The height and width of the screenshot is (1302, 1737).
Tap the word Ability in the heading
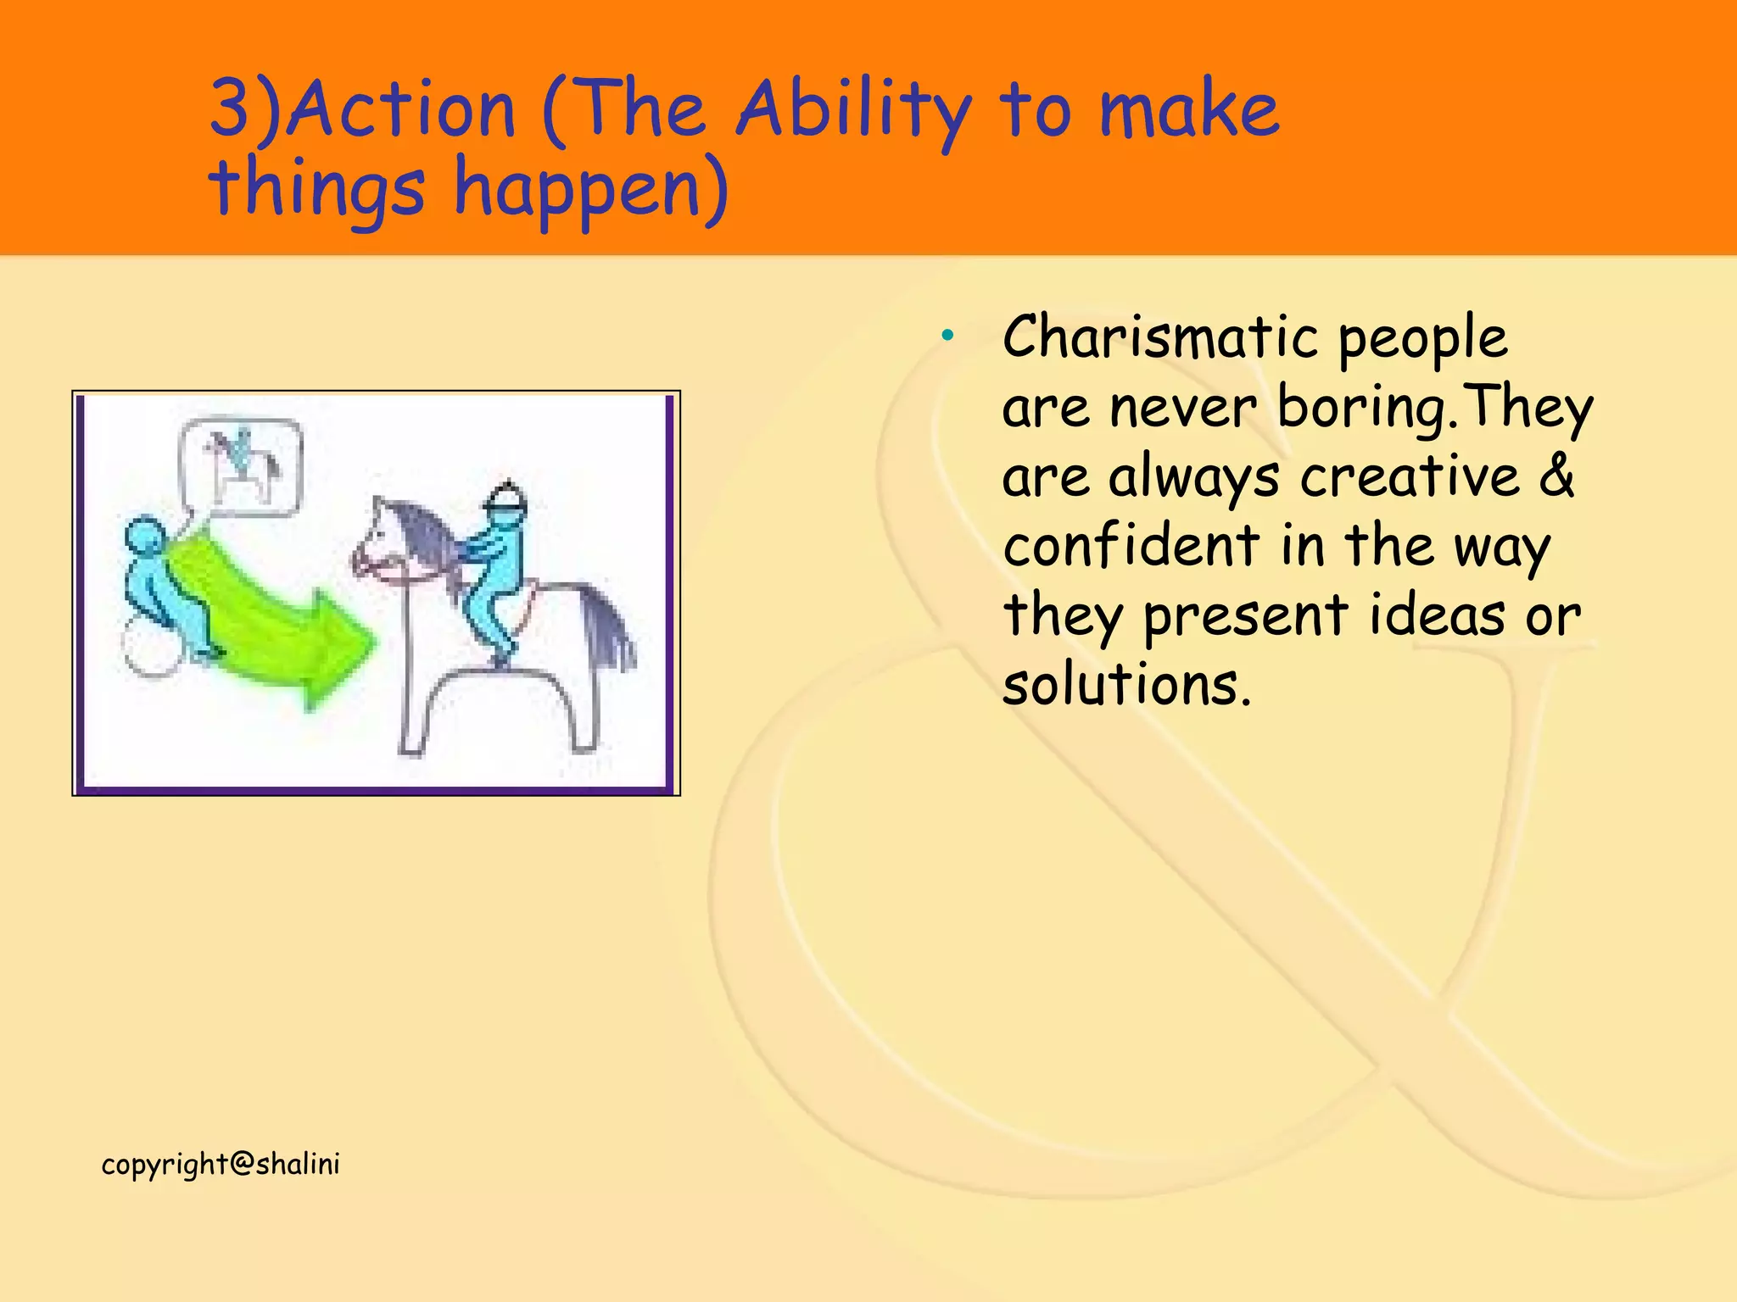852,113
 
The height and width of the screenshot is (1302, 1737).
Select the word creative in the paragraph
1409,476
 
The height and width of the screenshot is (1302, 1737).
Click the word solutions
1125,685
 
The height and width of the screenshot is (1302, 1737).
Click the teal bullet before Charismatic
947,337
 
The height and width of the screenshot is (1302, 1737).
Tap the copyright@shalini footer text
221,1165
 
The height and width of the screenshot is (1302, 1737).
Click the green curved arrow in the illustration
271,619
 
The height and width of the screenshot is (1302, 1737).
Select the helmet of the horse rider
507,498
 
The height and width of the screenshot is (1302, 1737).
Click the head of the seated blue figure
145,537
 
